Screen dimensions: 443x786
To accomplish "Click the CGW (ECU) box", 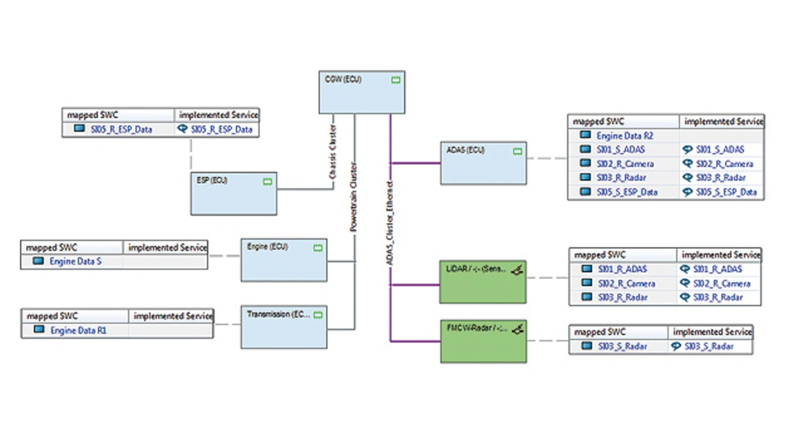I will pos(361,93).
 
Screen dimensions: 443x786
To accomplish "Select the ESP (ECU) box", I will pos(233,194).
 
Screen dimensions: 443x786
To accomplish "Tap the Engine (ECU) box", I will pos(283,260).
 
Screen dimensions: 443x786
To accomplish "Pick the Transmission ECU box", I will pos(283,327).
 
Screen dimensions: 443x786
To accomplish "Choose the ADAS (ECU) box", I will pos(483,163).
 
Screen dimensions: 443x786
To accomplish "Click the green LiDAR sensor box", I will pos(483,281).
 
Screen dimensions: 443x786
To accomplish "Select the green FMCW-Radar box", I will pos(483,341).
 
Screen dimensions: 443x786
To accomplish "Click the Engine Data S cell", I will pos(75,262).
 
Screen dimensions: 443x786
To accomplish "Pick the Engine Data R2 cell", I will pos(623,136).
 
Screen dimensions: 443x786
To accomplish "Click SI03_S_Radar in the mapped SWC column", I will pos(622,347).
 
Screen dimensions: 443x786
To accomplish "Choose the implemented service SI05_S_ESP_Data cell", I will pos(726,192).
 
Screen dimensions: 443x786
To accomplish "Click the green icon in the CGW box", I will pos(395,80).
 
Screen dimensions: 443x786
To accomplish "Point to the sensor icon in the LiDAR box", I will pos(518,270).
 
